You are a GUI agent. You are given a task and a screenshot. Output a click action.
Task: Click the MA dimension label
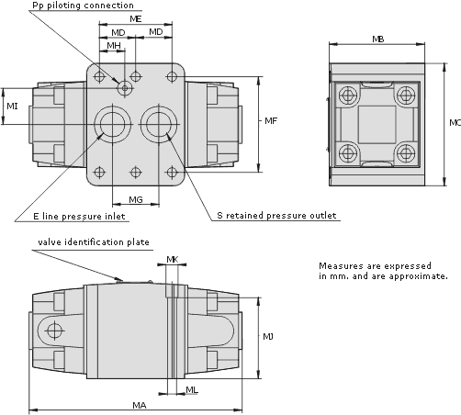(x=140, y=405)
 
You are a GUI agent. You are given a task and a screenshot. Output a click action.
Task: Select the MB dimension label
(x=377, y=39)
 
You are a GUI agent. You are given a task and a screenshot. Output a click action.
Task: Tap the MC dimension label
(x=455, y=123)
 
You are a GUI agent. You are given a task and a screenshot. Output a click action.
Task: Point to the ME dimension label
(x=136, y=19)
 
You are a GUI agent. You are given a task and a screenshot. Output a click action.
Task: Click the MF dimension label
(x=271, y=121)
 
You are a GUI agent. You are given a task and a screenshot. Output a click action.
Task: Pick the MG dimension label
(x=136, y=200)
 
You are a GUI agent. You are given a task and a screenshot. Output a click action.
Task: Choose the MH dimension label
(x=114, y=46)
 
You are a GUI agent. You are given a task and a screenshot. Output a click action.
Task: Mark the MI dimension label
(x=12, y=107)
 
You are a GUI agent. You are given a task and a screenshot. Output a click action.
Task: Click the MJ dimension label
(x=268, y=337)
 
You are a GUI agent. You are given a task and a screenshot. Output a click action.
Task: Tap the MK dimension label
(x=173, y=260)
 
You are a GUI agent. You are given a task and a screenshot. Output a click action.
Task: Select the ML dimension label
(x=192, y=390)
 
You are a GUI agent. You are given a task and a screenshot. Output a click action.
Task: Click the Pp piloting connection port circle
(x=125, y=88)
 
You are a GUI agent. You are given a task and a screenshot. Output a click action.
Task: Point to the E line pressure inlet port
(x=113, y=124)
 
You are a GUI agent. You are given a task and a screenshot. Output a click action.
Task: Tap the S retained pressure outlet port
(x=159, y=124)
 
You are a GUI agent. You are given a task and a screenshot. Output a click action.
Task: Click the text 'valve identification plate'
(x=94, y=242)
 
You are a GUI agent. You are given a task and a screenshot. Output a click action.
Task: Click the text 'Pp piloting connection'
(x=83, y=6)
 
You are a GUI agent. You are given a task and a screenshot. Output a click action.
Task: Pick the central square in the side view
(x=377, y=125)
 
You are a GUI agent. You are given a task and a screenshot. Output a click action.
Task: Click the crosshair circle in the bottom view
(x=55, y=331)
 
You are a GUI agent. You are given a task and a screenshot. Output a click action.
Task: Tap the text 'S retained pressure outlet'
(x=276, y=216)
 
